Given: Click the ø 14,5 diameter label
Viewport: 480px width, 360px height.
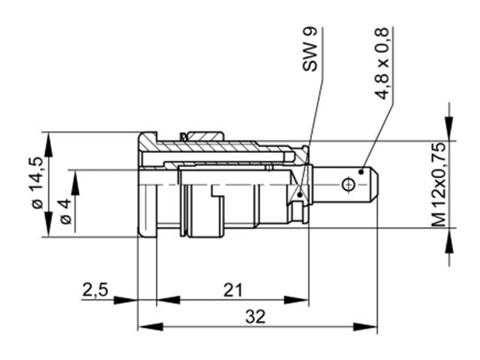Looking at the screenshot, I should point(35,184).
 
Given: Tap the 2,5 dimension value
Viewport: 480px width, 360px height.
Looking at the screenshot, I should point(96,289).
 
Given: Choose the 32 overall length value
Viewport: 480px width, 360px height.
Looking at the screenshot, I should point(256,316).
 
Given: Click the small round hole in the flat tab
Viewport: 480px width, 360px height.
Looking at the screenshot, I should point(347,184).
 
